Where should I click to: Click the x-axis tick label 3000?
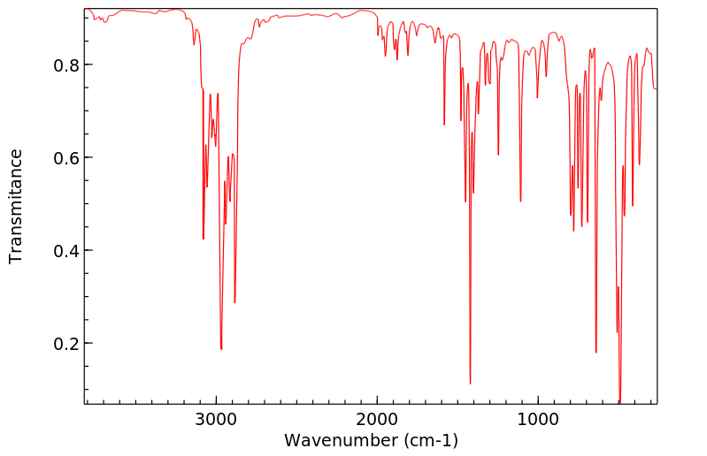pyautogui.click(x=217, y=419)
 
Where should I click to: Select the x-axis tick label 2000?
pyautogui.click(x=378, y=419)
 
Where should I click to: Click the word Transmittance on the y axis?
pyautogui.click(x=16, y=206)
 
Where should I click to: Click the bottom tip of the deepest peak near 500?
pyautogui.click(x=619, y=402)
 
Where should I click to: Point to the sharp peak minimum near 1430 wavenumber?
pyautogui.click(x=470, y=384)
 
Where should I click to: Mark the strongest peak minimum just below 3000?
pyautogui.click(x=221, y=349)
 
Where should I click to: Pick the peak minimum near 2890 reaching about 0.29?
pyautogui.click(x=234, y=303)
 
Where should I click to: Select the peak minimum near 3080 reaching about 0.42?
pyautogui.click(x=204, y=239)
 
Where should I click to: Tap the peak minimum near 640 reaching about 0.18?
pyautogui.click(x=596, y=353)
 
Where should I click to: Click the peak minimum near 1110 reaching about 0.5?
pyautogui.click(x=520, y=201)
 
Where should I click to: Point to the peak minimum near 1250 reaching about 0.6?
pyautogui.click(x=498, y=155)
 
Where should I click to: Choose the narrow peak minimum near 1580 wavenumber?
pyautogui.click(x=444, y=125)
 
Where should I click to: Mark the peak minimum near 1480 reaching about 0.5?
pyautogui.click(x=465, y=201)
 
